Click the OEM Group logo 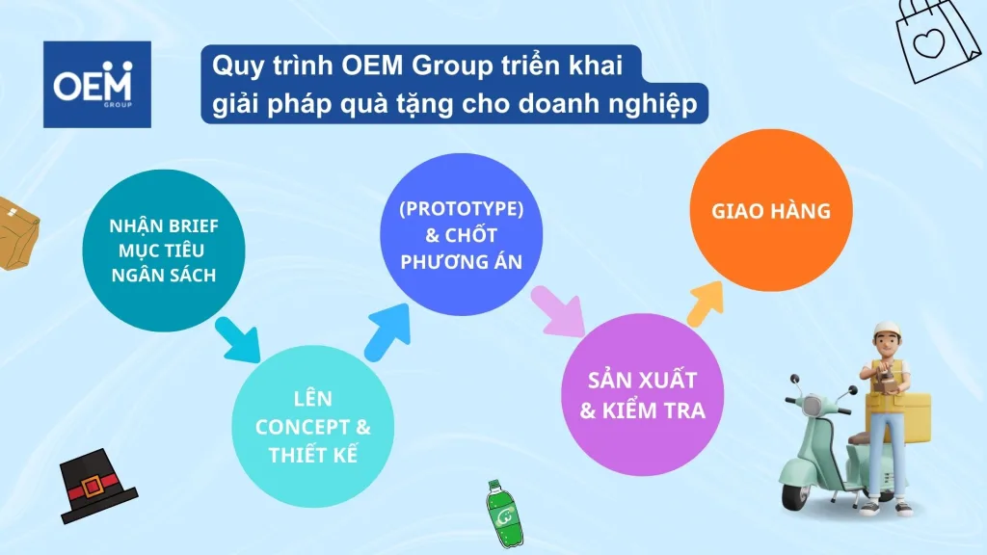[97, 84]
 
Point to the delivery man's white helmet [888, 331]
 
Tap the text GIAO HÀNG [771, 210]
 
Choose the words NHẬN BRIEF [164, 227]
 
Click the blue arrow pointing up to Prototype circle [386, 329]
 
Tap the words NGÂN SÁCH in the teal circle [164, 276]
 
